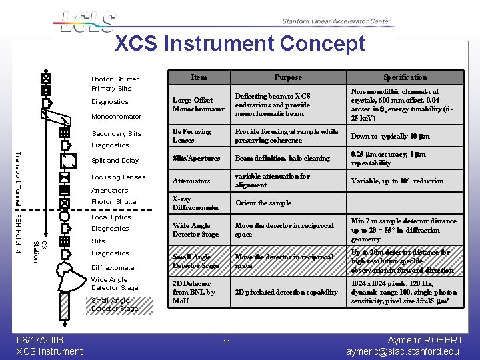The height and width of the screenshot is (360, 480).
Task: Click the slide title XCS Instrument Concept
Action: pyautogui.click(x=240, y=43)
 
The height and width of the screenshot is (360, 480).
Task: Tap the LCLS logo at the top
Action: pyautogui.click(x=87, y=21)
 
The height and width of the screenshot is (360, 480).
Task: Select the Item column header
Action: pyautogui.click(x=199, y=77)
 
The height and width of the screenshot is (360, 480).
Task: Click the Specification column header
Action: pyautogui.click(x=405, y=77)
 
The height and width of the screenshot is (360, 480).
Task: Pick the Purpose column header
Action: pyautogui.click(x=288, y=77)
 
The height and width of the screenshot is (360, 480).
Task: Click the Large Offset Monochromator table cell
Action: pyautogui.click(x=199, y=105)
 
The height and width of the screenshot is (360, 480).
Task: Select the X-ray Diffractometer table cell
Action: pyautogui.click(x=195, y=203)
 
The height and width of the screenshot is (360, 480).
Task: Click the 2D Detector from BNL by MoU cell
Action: pyautogui.click(x=194, y=293)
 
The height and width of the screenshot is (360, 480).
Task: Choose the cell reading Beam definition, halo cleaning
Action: pyautogui.click(x=282, y=159)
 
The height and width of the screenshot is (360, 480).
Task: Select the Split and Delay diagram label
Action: pyautogui.click(x=115, y=161)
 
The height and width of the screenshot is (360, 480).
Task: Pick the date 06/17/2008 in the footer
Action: pyautogui.click(x=41, y=340)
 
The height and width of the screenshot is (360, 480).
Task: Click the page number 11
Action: pyautogui.click(x=227, y=343)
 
